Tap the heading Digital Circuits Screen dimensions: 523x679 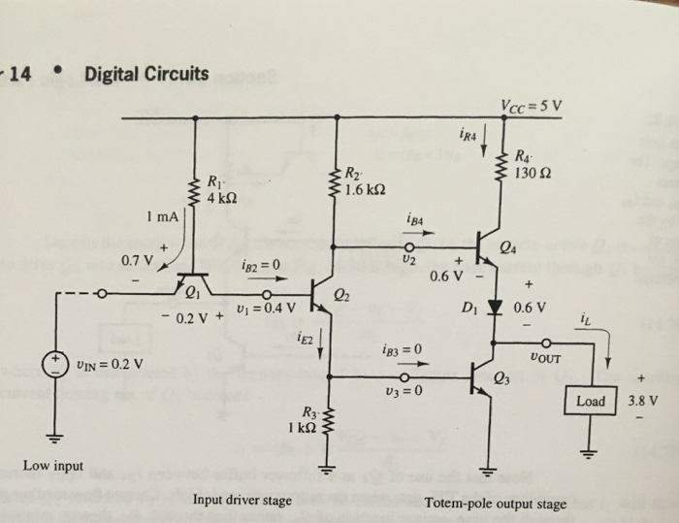coord(145,74)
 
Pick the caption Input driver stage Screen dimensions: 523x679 coord(242,501)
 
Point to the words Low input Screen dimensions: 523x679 coord(52,467)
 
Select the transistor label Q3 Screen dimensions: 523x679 coord(501,376)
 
